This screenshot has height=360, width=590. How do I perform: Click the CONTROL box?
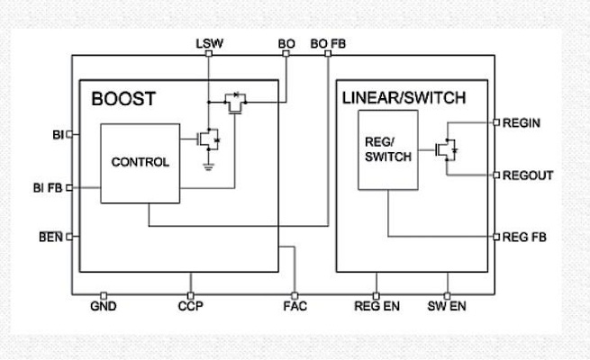tap(139, 163)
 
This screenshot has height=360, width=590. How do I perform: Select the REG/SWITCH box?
tap(387, 149)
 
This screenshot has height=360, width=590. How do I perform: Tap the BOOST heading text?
tap(123, 99)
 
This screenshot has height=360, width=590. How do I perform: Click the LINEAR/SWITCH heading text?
tap(404, 98)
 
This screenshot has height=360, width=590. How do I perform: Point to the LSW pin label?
tap(208, 43)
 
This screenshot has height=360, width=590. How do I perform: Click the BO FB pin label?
tap(328, 43)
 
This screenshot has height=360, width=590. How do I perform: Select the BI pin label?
tap(58, 135)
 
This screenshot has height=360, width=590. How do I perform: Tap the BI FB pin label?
tap(49, 188)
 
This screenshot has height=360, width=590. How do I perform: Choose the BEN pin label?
tap(50, 238)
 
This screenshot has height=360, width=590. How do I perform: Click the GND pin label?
tap(104, 307)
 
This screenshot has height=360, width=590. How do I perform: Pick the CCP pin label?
tap(190, 307)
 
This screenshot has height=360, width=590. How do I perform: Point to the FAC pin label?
tap(295, 307)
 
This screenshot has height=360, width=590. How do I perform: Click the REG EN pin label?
tap(377, 307)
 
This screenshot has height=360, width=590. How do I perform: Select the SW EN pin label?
tap(447, 307)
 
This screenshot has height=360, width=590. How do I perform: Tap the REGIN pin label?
tap(522, 122)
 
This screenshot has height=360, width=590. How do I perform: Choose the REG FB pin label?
tap(524, 238)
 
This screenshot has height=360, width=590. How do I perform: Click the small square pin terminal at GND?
tap(104, 294)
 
